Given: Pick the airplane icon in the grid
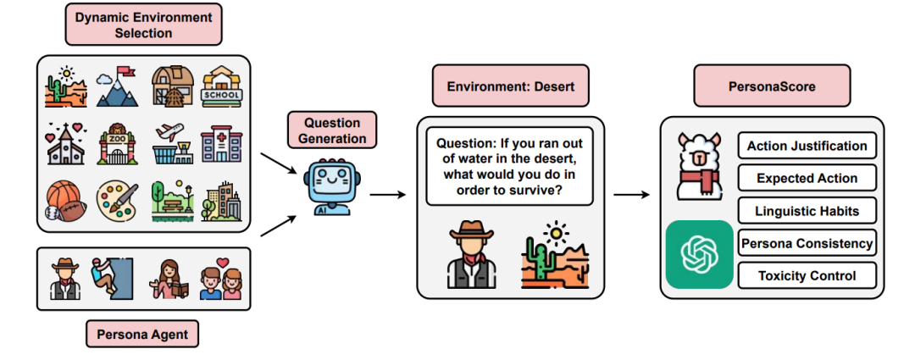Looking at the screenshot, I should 171,142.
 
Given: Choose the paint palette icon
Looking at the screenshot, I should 117,200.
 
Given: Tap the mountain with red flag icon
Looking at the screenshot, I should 117,86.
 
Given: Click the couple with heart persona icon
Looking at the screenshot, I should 217,278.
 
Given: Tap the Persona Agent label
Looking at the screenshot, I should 141,335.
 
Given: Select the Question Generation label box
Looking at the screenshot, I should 332,130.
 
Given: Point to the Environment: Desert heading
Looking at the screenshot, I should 510,88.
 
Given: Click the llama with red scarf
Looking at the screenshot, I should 699,166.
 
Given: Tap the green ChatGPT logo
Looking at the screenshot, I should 699,253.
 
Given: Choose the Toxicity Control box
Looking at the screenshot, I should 806,275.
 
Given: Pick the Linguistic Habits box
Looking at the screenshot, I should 806,211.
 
